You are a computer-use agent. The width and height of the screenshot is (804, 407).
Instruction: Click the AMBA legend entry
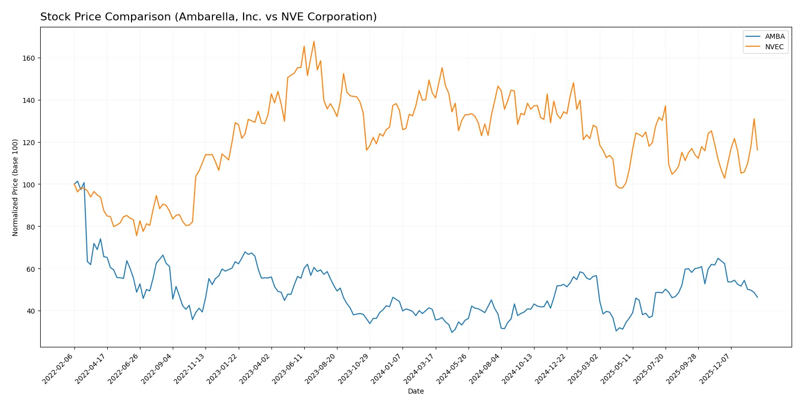tap(774, 36)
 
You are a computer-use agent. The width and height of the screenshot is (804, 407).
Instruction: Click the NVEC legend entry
tap(774, 47)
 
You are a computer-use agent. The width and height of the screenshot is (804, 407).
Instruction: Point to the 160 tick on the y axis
tap(29, 58)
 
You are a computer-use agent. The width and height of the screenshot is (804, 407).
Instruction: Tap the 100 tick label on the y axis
tap(29, 184)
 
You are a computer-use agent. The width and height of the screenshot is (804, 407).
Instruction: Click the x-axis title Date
tap(415, 391)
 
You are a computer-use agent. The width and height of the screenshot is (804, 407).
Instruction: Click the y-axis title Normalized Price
tap(15, 187)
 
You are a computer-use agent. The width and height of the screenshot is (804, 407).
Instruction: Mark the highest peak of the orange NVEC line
tap(314, 41)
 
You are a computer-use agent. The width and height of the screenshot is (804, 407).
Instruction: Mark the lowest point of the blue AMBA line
tap(452, 332)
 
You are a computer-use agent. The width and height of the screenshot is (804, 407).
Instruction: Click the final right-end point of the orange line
tap(757, 150)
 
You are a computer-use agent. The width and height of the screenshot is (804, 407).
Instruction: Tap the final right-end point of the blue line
tap(757, 297)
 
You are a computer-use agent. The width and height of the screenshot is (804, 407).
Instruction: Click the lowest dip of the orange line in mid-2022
tap(136, 236)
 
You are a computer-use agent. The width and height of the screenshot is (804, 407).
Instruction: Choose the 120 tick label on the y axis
tap(29, 142)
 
